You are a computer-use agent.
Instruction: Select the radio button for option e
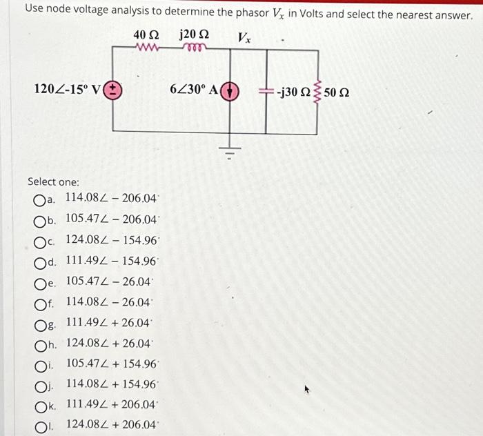39,281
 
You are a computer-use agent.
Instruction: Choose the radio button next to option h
39,343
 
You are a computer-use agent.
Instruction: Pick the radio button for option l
39,424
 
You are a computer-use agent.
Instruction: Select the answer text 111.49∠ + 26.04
108,322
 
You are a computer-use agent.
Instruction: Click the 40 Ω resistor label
147,34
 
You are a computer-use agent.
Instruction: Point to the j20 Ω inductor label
195,34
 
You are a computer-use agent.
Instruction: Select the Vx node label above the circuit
244,38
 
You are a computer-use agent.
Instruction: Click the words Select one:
53,181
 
